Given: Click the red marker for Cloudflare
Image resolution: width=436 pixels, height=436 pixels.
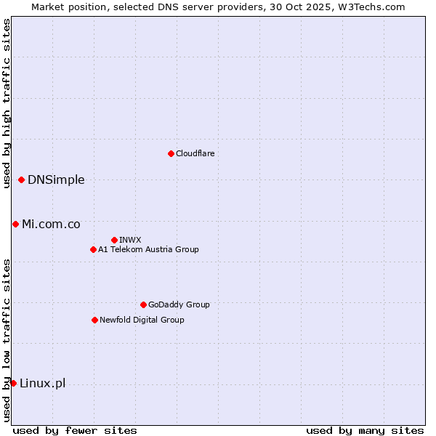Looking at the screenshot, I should pyautogui.click(x=171, y=153).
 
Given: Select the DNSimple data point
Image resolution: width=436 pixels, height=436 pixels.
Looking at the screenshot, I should pyautogui.click(x=21, y=179).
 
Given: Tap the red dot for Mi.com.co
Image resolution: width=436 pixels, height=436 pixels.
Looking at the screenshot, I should pyautogui.click(x=15, y=224).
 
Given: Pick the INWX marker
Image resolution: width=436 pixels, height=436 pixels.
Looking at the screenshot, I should pyautogui.click(x=114, y=240).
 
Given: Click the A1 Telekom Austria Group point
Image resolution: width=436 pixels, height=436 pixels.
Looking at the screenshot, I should pyautogui.click(x=93, y=249).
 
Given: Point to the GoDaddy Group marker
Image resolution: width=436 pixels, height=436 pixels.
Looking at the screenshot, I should pyautogui.click(x=143, y=304).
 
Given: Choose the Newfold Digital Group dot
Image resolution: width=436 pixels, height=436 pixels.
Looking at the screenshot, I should pyautogui.click(x=94, y=320).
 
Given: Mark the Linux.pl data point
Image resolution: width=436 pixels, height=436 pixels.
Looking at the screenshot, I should pyautogui.click(x=13, y=383).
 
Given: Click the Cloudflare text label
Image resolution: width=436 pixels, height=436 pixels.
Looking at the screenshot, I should pyautogui.click(x=195, y=153).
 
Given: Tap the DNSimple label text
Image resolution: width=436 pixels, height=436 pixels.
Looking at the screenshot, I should pyautogui.click(x=56, y=180).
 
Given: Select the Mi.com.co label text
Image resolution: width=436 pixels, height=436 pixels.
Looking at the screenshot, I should pyautogui.click(x=51, y=225).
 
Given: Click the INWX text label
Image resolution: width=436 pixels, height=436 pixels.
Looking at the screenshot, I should pyautogui.click(x=130, y=240).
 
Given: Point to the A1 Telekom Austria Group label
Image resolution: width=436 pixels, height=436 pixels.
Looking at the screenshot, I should pyautogui.click(x=148, y=249).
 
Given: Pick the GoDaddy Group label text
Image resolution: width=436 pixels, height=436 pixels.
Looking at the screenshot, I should pyautogui.click(x=179, y=304).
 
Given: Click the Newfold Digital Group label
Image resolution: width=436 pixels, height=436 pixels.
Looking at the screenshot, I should pyautogui.click(x=142, y=320).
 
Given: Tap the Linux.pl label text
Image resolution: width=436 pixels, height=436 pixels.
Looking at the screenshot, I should pyautogui.click(x=42, y=384).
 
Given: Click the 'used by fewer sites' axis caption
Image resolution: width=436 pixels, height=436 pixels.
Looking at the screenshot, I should pyautogui.click(x=75, y=430).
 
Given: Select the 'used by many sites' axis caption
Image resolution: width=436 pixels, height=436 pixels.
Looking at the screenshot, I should pyautogui.click(x=365, y=430).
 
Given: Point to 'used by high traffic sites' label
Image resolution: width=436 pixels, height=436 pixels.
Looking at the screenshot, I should pyautogui.click(x=7, y=103).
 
